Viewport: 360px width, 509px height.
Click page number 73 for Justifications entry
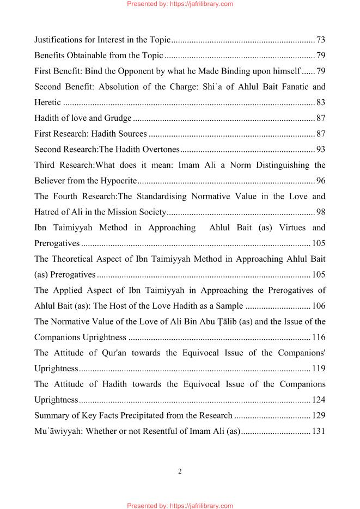(321, 40)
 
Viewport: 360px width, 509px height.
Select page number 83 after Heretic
(321, 102)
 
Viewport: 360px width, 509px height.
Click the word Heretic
(47, 102)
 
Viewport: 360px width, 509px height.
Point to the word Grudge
(119, 118)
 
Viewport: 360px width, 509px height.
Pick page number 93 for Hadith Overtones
(321, 149)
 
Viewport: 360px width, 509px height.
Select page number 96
(321, 181)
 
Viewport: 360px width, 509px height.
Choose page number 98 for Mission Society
(321, 212)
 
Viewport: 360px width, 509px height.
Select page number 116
(319, 338)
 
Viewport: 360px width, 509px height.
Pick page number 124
(319, 400)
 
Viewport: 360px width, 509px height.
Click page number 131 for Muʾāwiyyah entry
(319, 432)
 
